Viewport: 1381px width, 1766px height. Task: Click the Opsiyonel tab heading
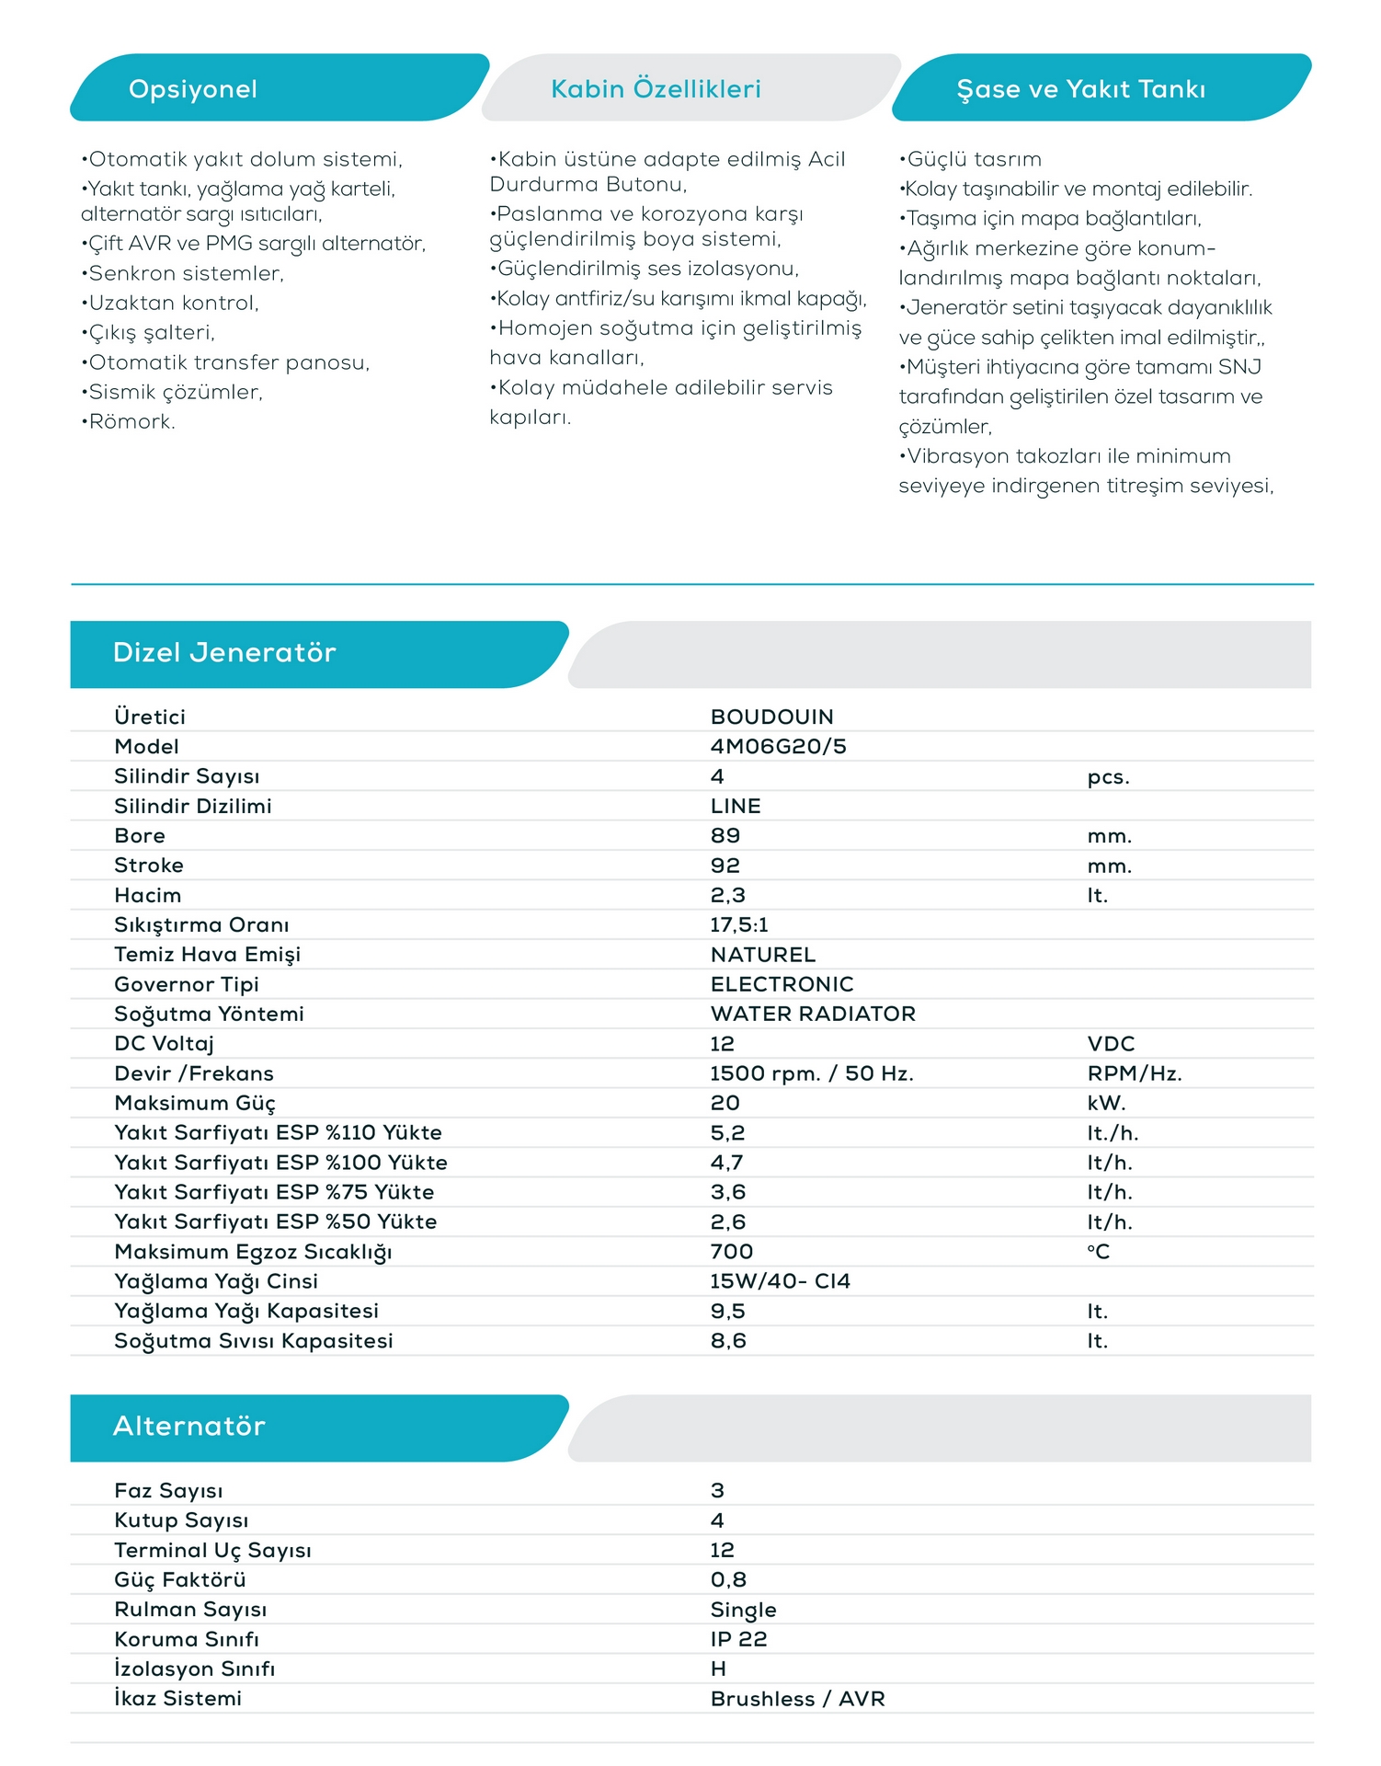coord(193,89)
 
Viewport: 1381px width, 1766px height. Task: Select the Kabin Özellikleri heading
coord(656,89)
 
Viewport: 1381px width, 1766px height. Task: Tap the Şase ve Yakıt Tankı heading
coord(1080,89)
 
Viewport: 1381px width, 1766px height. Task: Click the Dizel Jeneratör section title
coord(224,653)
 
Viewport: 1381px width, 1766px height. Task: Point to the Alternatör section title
coord(189,1427)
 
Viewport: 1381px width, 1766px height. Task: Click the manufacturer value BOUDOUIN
coord(771,717)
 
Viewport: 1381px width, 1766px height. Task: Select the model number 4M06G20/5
coord(778,747)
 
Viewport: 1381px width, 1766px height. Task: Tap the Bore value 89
coord(725,836)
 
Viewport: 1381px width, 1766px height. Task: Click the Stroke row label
coord(149,866)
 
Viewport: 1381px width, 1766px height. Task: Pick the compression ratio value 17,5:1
coord(738,925)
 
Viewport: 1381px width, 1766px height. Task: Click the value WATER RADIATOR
coord(813,1014)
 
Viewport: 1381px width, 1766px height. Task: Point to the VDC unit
coord(1111,1044)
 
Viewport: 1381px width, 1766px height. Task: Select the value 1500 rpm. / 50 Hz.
coord(812,1073)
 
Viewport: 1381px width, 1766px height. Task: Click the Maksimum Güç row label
coord(195,1104)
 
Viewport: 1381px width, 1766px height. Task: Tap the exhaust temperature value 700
coord(731,1252)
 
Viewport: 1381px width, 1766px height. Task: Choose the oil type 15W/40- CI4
coord(780,1281)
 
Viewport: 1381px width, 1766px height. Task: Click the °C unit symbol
coord(1098,1252)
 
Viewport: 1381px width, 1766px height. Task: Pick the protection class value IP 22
coord(738,1639)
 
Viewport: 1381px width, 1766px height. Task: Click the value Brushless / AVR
coord(797,1699)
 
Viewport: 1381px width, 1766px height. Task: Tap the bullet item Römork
coord(130,422)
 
